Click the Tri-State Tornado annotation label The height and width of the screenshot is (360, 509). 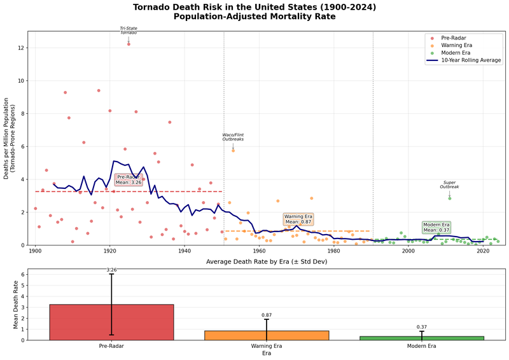pos(129,30)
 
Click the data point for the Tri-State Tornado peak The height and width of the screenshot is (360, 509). pos(129,44)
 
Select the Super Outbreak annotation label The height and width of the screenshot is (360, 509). pos(450,184)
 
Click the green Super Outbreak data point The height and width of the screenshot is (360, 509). pos(450,198)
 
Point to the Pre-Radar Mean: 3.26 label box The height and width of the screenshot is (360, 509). pos(129,179)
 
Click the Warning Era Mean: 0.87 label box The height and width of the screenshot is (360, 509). pos(298,219)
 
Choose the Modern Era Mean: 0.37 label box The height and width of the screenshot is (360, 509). pos(436,227)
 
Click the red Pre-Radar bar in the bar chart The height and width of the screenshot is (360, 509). pos(111,322)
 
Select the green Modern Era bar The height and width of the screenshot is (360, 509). pos(421,338)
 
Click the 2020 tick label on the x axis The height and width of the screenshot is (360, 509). pos(482,252)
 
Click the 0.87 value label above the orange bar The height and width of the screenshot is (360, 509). pos(267,315)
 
